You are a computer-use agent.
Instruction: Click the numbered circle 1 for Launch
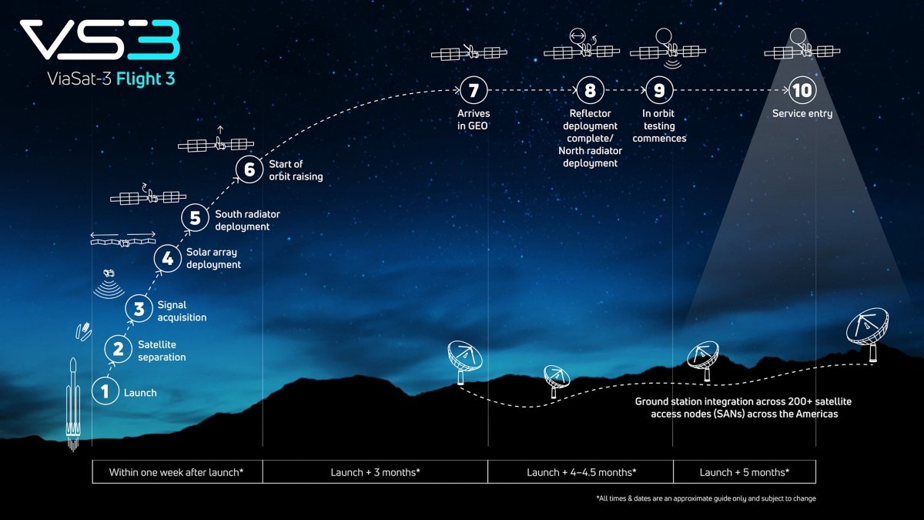(105, 391)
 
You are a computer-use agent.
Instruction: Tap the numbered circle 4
(168, 259)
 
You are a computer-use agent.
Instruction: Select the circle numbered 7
(474, 90)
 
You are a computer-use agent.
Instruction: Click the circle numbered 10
(802, 90)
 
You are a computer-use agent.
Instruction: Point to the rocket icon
(73, 404)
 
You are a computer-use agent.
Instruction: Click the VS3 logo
(100, 39)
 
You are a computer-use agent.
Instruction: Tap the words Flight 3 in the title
(146, 79)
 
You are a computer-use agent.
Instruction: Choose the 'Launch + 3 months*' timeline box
(375, 471)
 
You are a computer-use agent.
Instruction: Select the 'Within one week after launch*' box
(177, 471)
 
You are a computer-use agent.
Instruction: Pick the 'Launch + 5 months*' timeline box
(745, 471)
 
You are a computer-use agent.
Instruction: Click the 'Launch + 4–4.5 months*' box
(581, 471)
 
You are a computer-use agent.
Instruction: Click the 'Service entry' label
(802, 113)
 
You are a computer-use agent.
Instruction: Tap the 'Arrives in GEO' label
(473, 119)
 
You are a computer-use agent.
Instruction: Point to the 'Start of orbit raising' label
(296, 170)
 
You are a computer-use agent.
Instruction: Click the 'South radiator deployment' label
(247, 220)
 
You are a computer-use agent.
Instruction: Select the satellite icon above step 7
(470, 52)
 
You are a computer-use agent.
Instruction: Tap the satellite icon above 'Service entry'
(802, 49)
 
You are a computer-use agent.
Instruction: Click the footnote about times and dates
(706, 498)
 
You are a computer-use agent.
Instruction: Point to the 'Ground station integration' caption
(743, 408)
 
